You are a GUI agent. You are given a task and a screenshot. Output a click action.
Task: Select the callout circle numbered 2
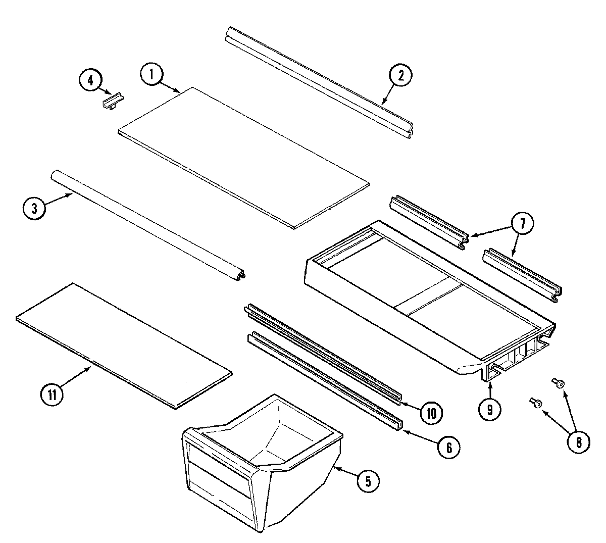[400, 75]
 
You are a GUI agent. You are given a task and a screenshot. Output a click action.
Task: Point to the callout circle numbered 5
[368, 481]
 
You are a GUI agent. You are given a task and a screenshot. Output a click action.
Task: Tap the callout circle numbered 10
[430, 413]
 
